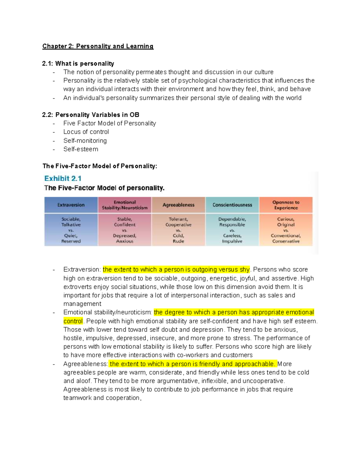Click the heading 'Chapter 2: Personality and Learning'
[98, 46]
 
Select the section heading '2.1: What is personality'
[78, 64]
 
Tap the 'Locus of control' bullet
[86, 132]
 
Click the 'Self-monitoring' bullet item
[85, 140]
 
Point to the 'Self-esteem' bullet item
[81, 149]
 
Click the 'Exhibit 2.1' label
[63, 179]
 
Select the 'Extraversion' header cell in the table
[71, 205]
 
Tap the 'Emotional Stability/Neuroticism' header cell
[124, 205]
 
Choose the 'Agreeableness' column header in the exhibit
[178, 205]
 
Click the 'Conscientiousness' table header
[232, 205]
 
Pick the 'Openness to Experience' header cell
[286, 205]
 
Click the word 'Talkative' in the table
[71, 224]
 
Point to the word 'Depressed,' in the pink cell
[124, 236]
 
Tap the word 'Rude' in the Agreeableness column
[178, 241]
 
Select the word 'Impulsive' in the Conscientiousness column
[232, 241]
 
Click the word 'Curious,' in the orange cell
[286, 219]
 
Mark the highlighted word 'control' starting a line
[73, 321]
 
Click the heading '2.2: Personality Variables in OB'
[91, 115]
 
